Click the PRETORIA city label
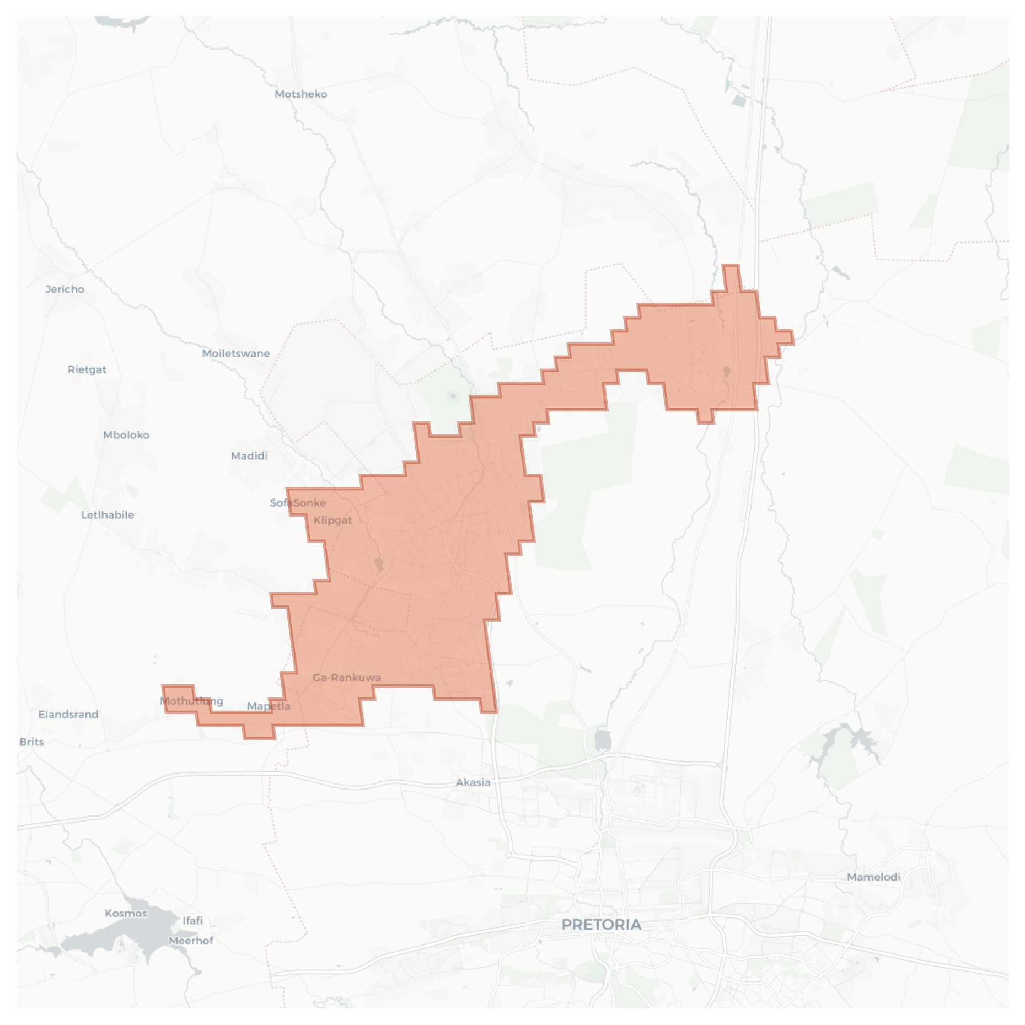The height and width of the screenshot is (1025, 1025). pos(601,925)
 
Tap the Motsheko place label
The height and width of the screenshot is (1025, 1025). pos(301,94)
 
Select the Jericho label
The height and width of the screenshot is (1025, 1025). pos(65,289)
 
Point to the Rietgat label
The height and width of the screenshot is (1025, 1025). pos(87,369)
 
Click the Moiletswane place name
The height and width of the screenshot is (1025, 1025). pos(236,353)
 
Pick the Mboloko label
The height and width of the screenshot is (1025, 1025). pos(126,435)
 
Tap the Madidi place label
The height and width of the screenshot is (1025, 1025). pos(249,456)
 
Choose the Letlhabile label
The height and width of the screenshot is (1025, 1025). pos(108,515)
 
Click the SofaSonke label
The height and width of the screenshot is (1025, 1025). pos(298,503)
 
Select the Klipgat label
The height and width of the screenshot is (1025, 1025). pos(332,520)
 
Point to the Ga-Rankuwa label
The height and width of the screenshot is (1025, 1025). pos(347,678)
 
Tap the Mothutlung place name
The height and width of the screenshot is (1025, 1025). pos(192,701)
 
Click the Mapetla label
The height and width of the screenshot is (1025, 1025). pos(269,706)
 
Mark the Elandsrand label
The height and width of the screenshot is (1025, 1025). pos(68,715)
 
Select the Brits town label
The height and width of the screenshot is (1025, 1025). pos(31,742)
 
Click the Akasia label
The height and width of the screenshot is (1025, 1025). pos(473,782)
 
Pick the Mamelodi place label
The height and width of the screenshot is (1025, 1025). pos(874,877)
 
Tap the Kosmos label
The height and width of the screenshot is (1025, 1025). pos(126,914)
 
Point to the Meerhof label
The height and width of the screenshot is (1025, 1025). pos(191,941)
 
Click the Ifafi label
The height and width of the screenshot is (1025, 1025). pos(193,921)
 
